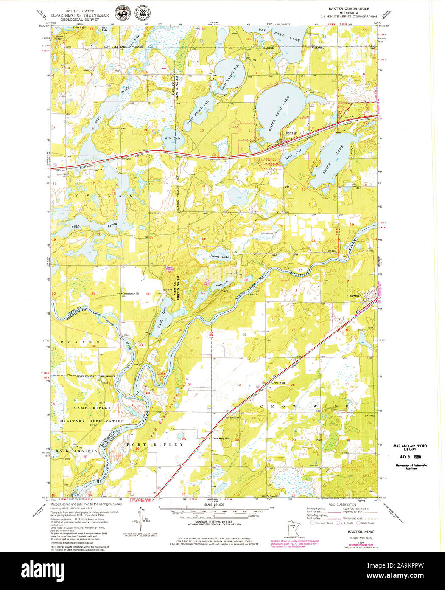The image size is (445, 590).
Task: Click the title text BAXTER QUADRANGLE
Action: [x=349, y=8]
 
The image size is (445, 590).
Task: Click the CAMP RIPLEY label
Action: [x=92, y=408]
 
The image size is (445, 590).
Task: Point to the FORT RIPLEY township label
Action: [x=155, y=444]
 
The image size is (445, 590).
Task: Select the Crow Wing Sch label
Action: [x=221, y=438]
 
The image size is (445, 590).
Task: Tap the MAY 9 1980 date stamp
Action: [x=409, y=457]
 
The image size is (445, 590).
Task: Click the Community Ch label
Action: [x=130, y=293]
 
